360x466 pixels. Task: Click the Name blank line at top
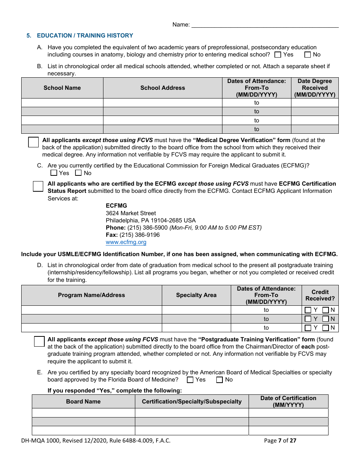(x=265, y=25)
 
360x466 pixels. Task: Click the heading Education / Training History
(x=85, y=36)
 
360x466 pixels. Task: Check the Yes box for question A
(x=278, y=55)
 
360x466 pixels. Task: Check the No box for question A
(x=307, y=55)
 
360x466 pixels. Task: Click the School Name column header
(x=62, y=88)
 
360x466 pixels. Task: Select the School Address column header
(x=163, y=88)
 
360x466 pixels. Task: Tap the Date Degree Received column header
(x=315, y=88)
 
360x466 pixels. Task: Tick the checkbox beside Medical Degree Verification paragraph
(x=34, y=142)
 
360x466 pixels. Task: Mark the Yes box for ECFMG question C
(x=54, y=173)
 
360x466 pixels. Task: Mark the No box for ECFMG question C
(x=78, y=173)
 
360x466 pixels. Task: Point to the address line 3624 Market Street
(x=131, y=213)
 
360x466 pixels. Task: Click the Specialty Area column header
(x=196, y=295)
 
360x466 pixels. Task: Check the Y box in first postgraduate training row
(x=308, y=310)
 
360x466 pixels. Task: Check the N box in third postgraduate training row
(x=326, y=328)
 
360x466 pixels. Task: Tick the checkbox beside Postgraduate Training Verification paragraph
(x=39, y=341)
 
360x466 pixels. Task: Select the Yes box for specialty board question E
(x=190, y=380)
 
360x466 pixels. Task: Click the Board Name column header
(x=83, y=402)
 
